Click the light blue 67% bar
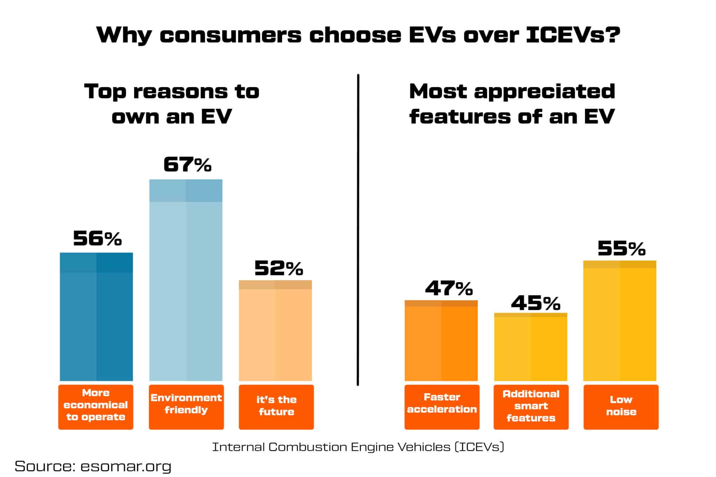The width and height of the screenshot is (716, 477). [x=186, y=280]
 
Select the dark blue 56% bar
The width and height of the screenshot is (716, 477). [x=96, y=316]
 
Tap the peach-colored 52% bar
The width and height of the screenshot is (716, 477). [x=275, y=330]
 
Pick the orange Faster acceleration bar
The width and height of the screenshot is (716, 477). [x=441, y=340]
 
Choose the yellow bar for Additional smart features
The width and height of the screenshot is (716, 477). [x=530, y=347]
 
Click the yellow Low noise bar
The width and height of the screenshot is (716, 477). [x=620, y=320]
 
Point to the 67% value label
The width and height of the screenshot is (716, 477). [x=187, y=165]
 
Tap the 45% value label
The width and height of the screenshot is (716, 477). [x=535, y=303]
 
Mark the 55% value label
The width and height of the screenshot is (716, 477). [x=621, y=249]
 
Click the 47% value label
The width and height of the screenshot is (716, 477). [x=449, y=288]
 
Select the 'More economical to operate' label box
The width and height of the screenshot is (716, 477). [x=96, y=407]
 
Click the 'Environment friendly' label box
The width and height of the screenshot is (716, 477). [x=186, y=407]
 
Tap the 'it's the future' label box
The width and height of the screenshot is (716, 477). [x=276, y=407]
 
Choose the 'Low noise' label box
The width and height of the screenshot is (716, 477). [x=621, y=407]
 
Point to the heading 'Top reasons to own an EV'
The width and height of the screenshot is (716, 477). [x=172, y=104]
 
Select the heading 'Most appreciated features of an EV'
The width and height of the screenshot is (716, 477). [x=512, y=104]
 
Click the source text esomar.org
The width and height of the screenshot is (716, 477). [x=126, y=466]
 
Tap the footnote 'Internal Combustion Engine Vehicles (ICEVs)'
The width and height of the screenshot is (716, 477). [x=358, y=447]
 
